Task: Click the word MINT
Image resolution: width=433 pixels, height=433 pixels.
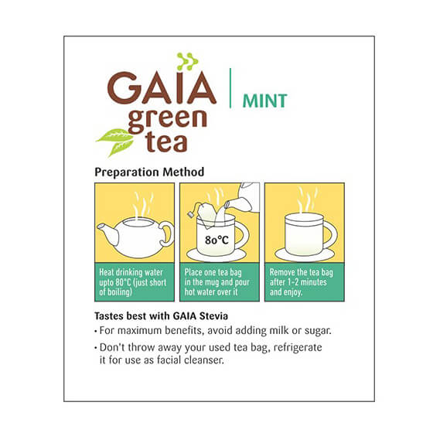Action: pyautogui.click(x=264, y=101)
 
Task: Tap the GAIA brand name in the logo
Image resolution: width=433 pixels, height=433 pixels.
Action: pyautogui.click(x=162, y=88)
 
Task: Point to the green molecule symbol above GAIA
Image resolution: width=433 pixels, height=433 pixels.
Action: pyautogui.click(x=187, y=61)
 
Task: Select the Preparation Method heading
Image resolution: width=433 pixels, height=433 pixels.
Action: pyautogui.click(x=149, y=172)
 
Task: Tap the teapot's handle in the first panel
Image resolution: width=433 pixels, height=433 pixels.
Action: pyautogui.click(x=167, y=234)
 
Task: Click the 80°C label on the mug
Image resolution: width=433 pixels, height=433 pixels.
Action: pyautogui.click(x=216, y=240)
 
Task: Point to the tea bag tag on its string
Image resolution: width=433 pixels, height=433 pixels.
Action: pyautogui.click(x=190, y=214)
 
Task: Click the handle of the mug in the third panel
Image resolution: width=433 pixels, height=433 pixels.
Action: pyautogui.click(x=331, y=235)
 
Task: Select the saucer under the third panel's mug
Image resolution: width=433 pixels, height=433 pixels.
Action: pyautogui.click(x=305, y=255)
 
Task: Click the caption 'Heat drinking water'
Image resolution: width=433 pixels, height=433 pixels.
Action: pyautogui.click(x=131, y=272)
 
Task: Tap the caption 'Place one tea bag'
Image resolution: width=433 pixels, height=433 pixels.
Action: pyautogui.click(x=213, y=272)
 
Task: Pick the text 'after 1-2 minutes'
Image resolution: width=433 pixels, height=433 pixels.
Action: pyautogui.click(x=298, y=282)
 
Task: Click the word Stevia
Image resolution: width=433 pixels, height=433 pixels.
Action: pyautogui.click(x=213, y=316)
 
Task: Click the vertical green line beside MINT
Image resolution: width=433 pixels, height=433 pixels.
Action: pyautogui.click(x=230, y=88)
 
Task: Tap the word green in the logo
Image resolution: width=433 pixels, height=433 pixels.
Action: pyautogui.click(x=168, y=120)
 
